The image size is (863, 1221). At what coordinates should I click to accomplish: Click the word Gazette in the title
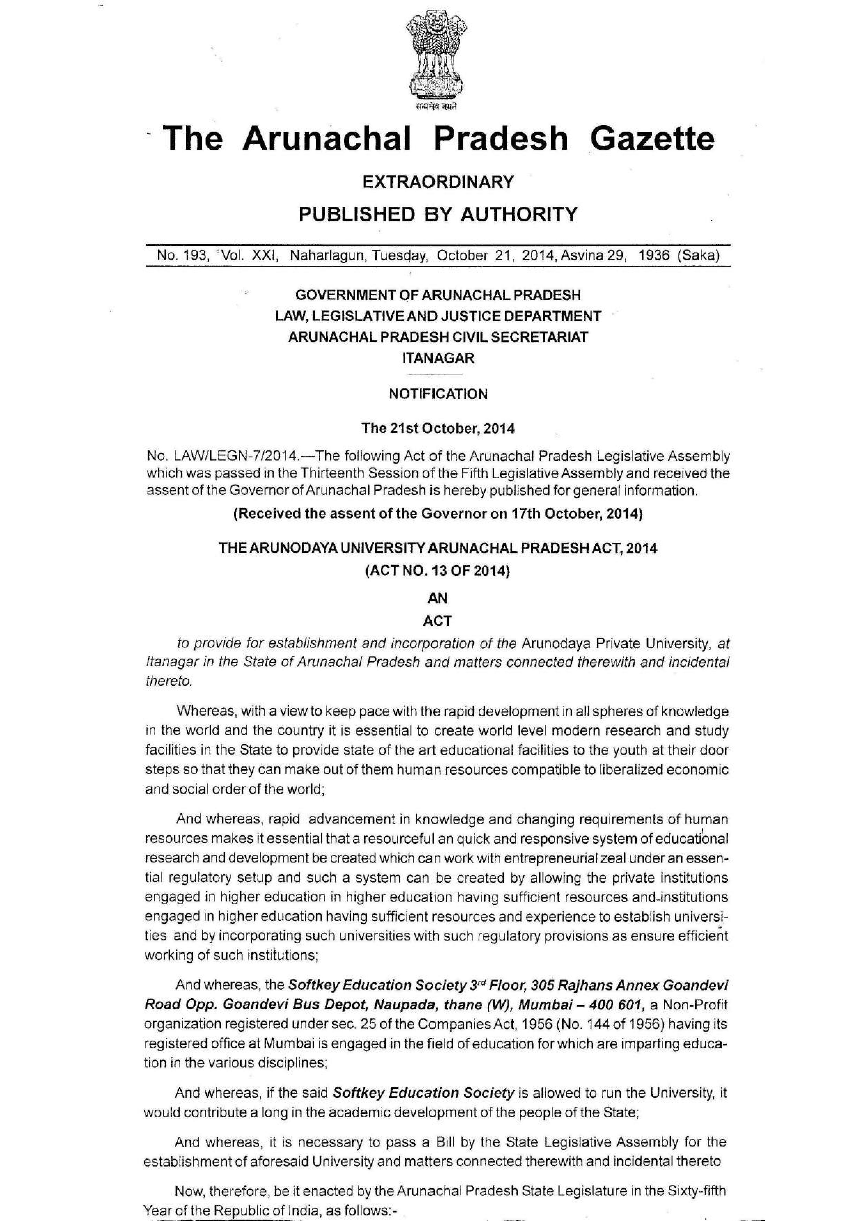651,139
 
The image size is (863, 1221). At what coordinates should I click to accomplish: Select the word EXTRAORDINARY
438,182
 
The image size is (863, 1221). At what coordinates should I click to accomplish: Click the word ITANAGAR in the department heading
438,359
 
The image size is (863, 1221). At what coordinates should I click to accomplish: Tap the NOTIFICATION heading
438,394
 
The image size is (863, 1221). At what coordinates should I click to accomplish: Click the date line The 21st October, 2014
438,428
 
